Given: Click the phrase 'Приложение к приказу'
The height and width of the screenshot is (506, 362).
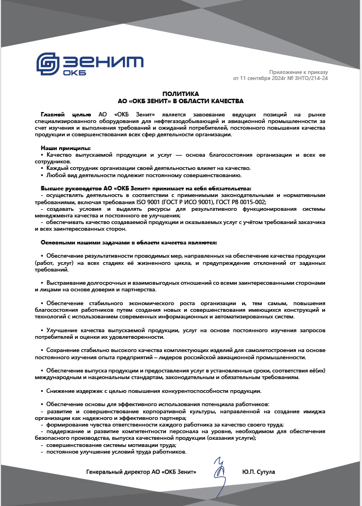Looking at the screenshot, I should [298, 72].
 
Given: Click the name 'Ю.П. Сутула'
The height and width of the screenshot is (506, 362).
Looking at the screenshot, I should [258, 472].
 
